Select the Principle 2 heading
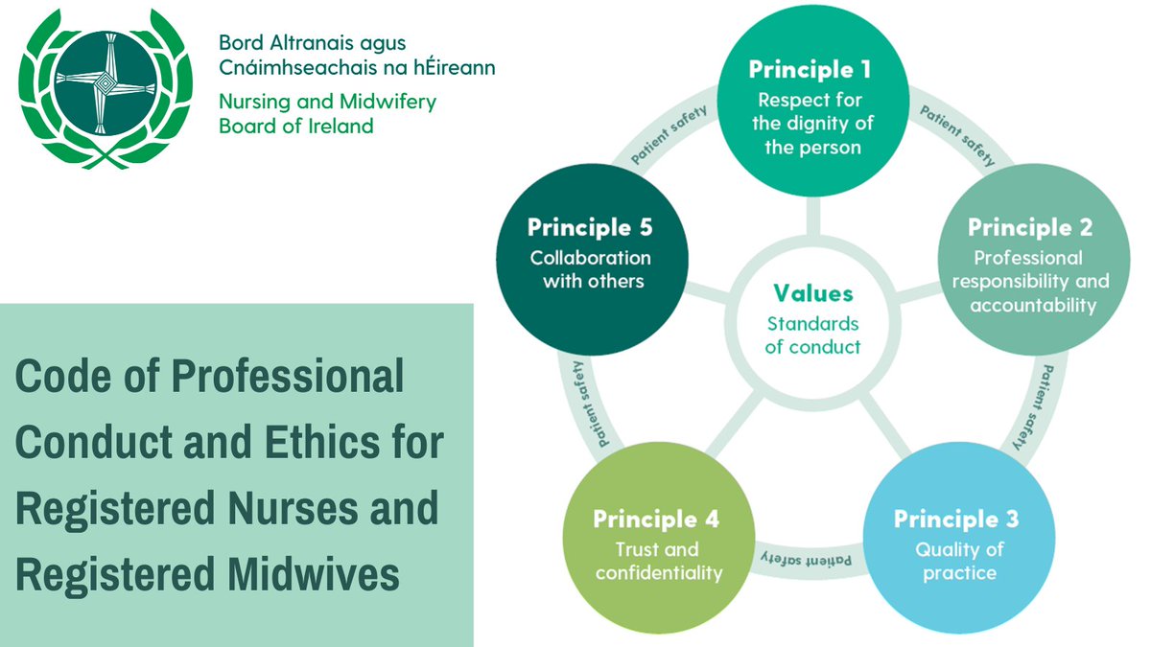pyautogui.click(x=1030, y=228)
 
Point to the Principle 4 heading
pyautogui.click(x=656, y=520)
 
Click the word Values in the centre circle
pyautogui.click(x=812, y=293)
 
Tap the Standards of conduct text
pyautogui.click(x=812, y=335)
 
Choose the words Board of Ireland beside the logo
pyautogui.click(x=296, y=127)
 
